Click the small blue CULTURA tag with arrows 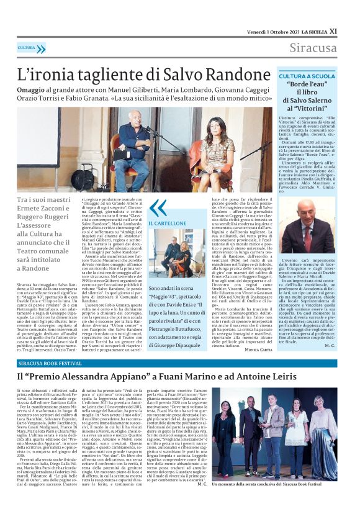click(32, 48)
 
